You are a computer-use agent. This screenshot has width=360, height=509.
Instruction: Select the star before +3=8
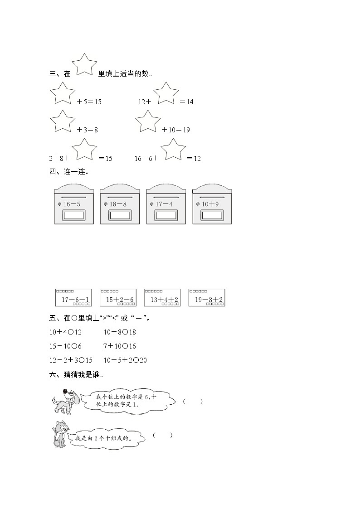point(62,122)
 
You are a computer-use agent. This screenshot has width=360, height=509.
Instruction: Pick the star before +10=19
point(148,122)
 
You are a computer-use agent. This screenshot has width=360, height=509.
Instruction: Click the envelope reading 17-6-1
point(73,298)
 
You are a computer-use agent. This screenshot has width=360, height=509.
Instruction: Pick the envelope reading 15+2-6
point(118,298)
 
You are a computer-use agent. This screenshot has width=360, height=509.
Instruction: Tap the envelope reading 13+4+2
point(162,298)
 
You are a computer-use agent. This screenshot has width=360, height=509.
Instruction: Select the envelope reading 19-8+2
point(207,298)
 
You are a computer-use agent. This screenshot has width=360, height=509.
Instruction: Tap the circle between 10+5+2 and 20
point(135,360)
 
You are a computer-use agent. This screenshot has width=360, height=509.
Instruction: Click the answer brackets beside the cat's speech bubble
point(163,436)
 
